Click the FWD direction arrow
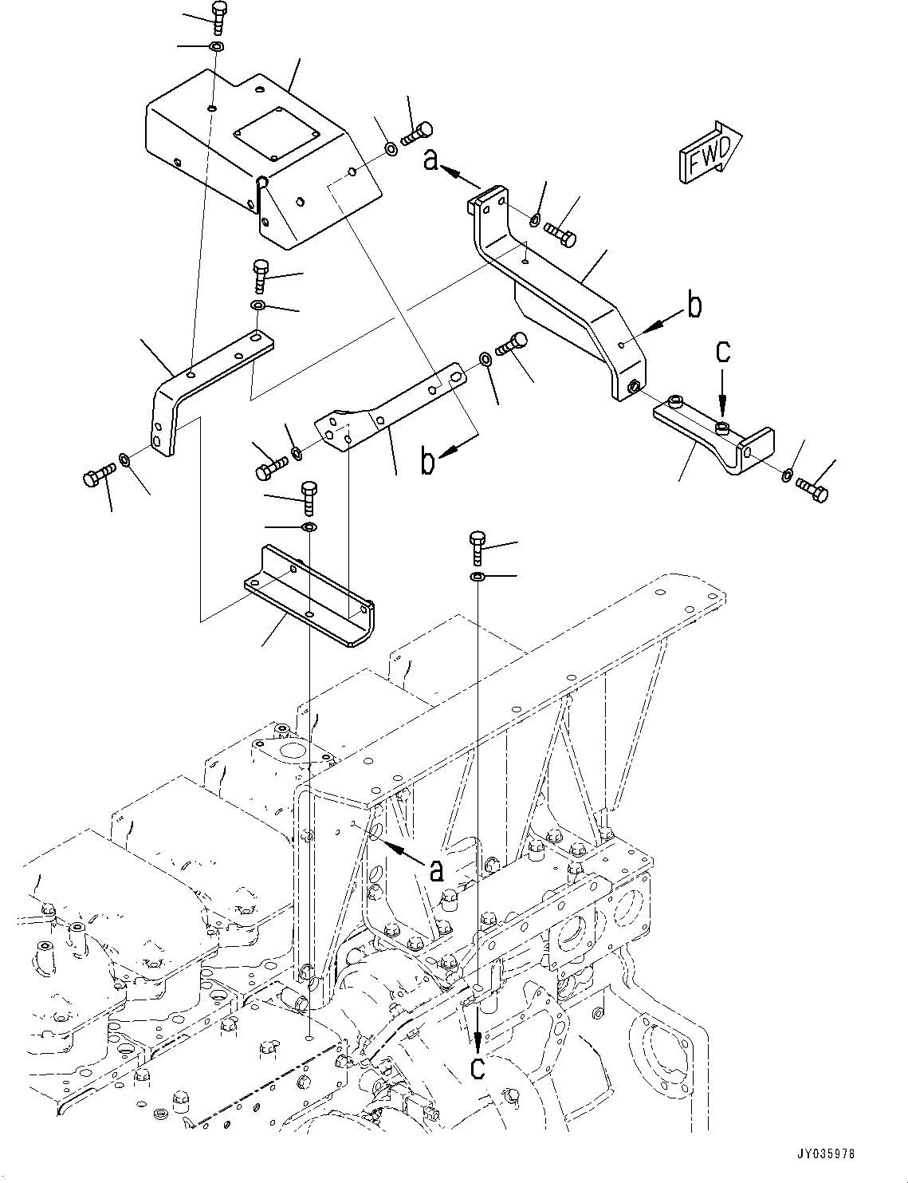[710, 152]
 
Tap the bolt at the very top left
[218, 18]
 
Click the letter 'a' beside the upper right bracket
[431, 160]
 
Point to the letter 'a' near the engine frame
[437, 870]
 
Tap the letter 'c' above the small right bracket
[722, 353]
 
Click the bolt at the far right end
[812, 489]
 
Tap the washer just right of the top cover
[390, 148]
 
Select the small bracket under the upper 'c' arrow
[713, 434]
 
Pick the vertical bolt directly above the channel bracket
[309, 499]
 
